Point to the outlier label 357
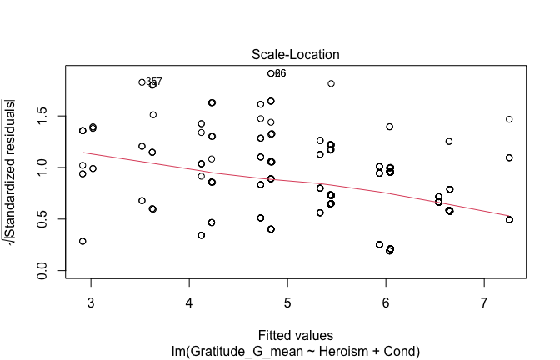coord(154,82)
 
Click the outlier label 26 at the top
coord(280,73)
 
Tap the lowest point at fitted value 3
coord(82,241)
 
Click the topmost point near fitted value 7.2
coord(509,119)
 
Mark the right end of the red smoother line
coord(509,215)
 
